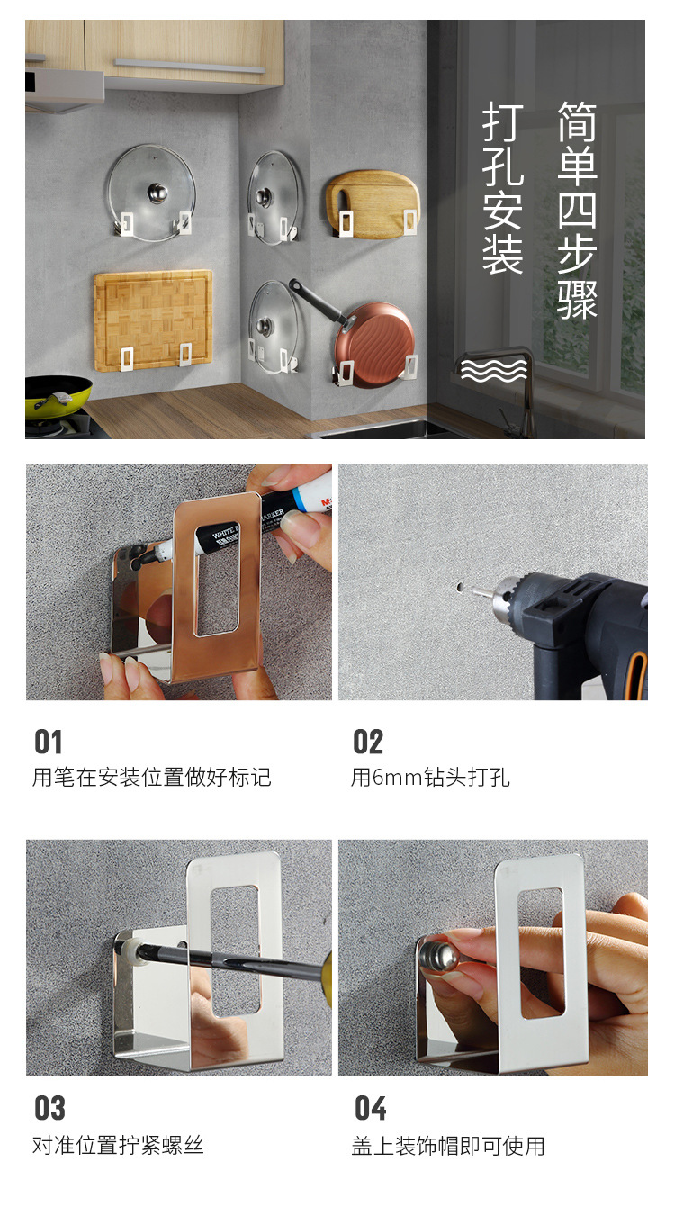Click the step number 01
pos(49,742)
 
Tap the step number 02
pos(368,742)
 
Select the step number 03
pos(49,1108)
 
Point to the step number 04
pos(370,1108)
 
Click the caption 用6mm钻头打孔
pos(430,777)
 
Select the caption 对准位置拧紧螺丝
pos(118,1146)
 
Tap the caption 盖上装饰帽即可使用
pos(448,1146)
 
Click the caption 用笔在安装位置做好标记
pos(151,777)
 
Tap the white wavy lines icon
pos(494,369)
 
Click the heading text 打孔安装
pos(502,189)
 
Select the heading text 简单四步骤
pos(577,210)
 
